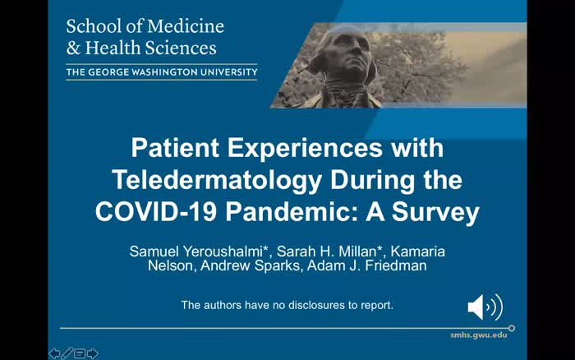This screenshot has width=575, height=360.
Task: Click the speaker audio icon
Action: pyautogui.click(x=484, y=307)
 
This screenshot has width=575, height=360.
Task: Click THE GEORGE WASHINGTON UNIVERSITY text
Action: pyautogui.click(x=161, y=72)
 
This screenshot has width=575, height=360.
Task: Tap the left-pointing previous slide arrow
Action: pyautogui.click(x=54, y=353)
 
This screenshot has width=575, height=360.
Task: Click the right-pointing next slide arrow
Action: pyautogui.click(x=92, y=353)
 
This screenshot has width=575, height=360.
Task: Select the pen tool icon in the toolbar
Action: pyautogui.click(x=67, y=353)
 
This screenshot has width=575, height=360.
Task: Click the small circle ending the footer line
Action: pyautogui.click(x=513, y=328)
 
